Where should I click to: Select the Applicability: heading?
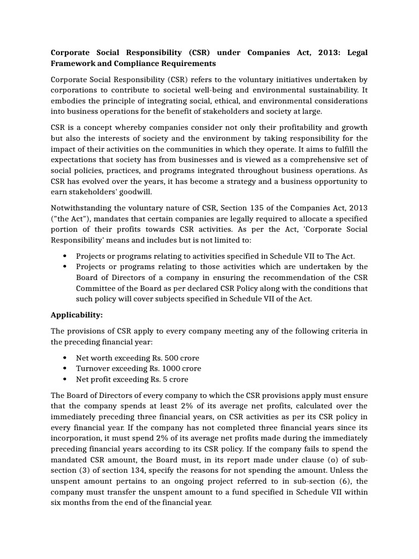click(x=76, y=315)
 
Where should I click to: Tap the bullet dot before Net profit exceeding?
click(x=65, y=379)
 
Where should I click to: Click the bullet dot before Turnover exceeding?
click(x=65, y=369)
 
